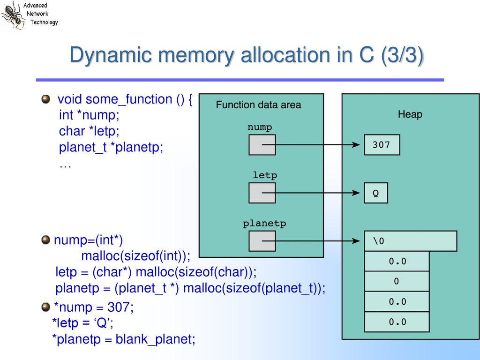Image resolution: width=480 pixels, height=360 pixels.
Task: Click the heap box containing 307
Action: pos(382,144)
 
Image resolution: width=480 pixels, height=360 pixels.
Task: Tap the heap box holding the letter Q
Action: pos(375,193)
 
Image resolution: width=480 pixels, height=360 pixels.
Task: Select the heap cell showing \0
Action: pos(411,241)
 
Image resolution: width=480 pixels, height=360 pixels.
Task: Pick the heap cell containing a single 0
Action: pos(397,281)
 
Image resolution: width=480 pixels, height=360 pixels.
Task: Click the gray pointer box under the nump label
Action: pos(262,144)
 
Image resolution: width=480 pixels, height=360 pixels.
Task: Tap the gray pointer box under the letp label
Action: pos(262,193)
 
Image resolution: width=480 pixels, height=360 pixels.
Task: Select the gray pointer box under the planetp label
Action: pos(262,241)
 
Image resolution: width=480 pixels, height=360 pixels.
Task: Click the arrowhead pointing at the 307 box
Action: pos(356,144)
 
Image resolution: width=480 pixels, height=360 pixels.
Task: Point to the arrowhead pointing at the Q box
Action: pos(356,193)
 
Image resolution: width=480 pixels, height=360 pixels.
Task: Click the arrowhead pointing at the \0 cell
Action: pos(356,241)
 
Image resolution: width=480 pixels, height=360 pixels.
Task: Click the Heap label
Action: pos(410,114)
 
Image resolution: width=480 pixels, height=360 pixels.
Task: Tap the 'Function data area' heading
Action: pos(258,105)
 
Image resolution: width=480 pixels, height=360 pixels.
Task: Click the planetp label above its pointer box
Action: pos(264,224)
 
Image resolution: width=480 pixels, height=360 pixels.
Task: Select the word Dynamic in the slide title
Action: pos(111,55)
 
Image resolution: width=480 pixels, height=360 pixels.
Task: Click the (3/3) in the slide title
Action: pos(402,55)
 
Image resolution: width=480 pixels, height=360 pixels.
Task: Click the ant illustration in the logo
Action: pos(12,15)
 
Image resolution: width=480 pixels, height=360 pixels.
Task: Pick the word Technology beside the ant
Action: pos(44,22)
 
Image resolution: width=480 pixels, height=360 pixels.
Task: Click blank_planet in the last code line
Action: pos(155,339)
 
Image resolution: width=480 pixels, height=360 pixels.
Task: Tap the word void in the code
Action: pos(70,99)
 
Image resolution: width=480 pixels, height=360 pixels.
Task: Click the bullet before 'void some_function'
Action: pos(45,99)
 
